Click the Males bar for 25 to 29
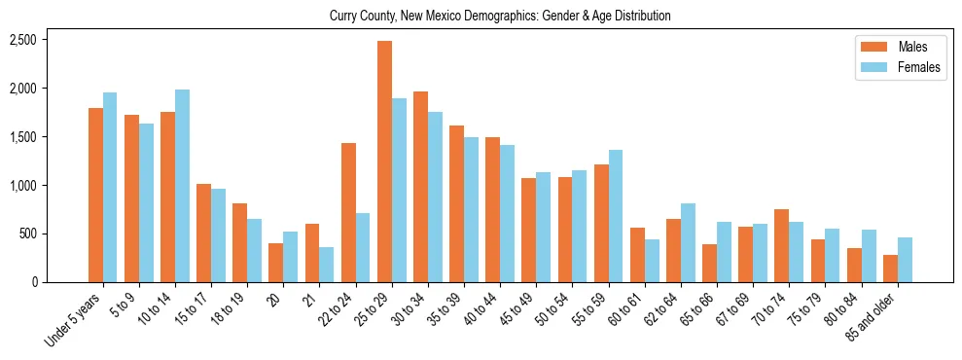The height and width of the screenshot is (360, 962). [x=384, y=162]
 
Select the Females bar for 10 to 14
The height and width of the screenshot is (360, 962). [x=182, y=186]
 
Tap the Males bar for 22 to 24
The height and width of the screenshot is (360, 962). [x=348, y=212]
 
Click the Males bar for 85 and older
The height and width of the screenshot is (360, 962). [x=889, y=269]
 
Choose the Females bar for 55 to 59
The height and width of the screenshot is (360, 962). [x=616, y=216]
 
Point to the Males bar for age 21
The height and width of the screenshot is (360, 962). [x=312, y=253]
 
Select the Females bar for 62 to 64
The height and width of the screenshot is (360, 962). [x=688, y=242]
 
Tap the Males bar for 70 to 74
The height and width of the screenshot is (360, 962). [x=781, y=245]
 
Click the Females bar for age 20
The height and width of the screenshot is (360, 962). [x=290, y=257]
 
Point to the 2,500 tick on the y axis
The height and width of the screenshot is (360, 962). [x=22, y=40]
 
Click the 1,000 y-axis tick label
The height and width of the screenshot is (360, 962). [x=22, y=185]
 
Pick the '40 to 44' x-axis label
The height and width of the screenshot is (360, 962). [x=483, y=310]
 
